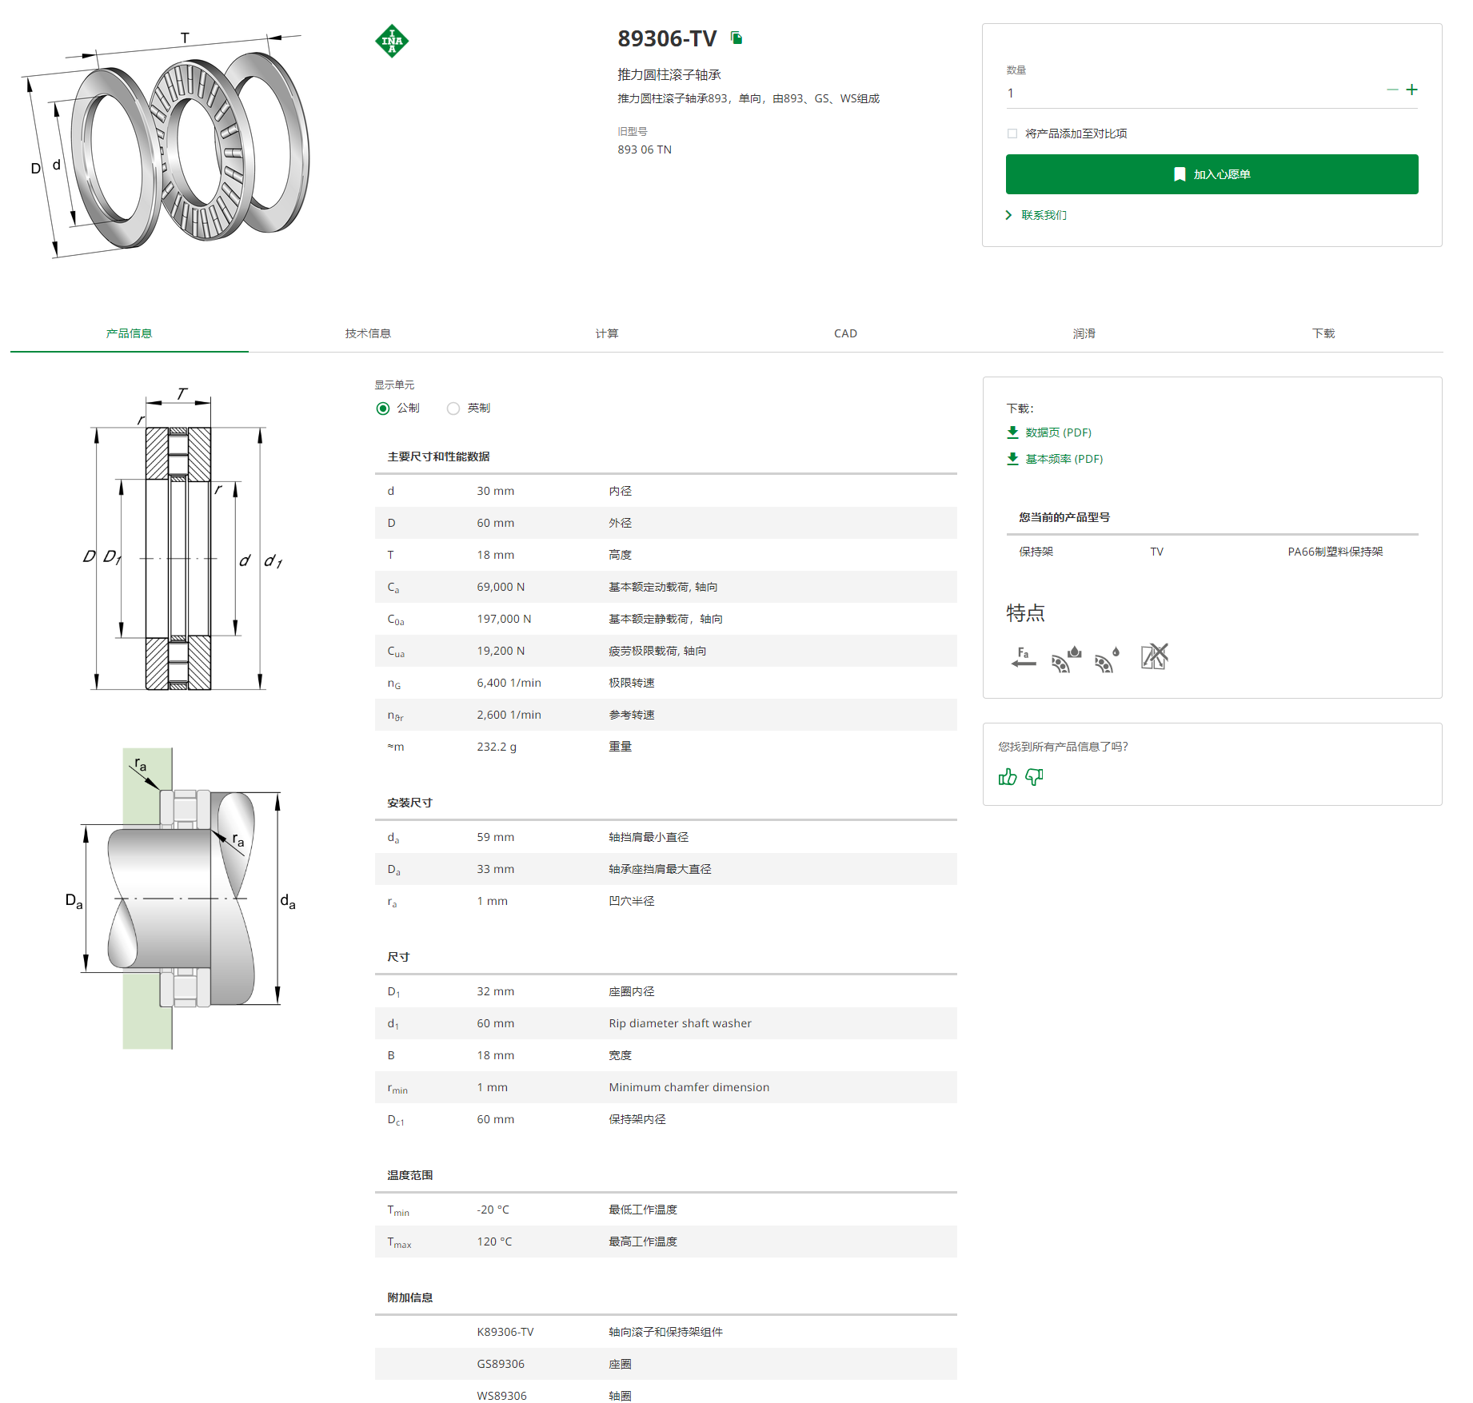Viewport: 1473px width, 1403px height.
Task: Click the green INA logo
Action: [392, 41]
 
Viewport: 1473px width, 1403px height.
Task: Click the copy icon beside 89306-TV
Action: [736, 38]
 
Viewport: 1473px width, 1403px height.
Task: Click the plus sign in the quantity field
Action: [1411, 90]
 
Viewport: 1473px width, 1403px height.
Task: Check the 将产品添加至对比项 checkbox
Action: [1012, 134]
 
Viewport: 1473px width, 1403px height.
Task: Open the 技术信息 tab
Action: [368, 333]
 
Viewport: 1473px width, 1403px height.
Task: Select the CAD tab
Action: [845, 333]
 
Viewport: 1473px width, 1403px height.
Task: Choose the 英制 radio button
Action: [453, 409]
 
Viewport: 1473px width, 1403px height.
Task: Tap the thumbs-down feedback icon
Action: [1034, 776]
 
